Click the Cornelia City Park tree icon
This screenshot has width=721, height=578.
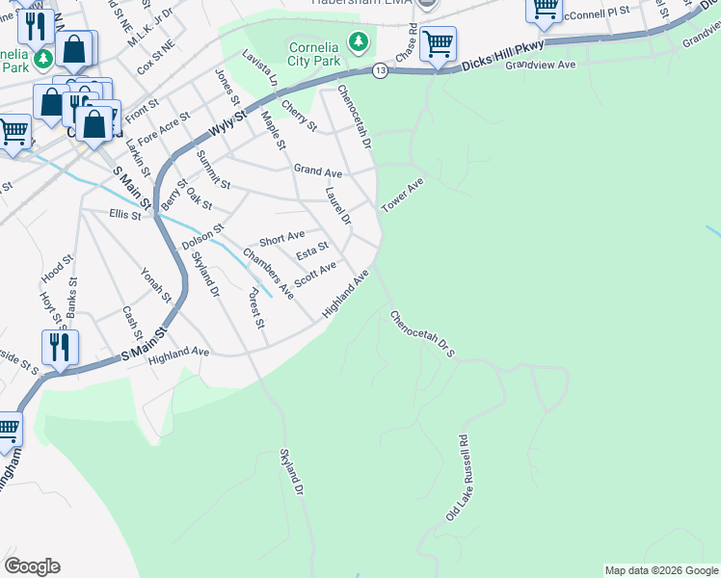[x=359, y=41]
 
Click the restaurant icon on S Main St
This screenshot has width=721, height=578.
[x=60, y=348]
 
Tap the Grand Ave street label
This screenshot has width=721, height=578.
[x=318, y=171]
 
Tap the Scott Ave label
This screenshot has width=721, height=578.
[x=314, y=274]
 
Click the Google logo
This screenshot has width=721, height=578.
[x=32, y=566]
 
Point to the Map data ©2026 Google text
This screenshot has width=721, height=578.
[x=660, y=570]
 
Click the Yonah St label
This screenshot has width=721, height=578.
[x=155, y=283]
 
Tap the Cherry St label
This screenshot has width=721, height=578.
[x=298, y=115]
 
